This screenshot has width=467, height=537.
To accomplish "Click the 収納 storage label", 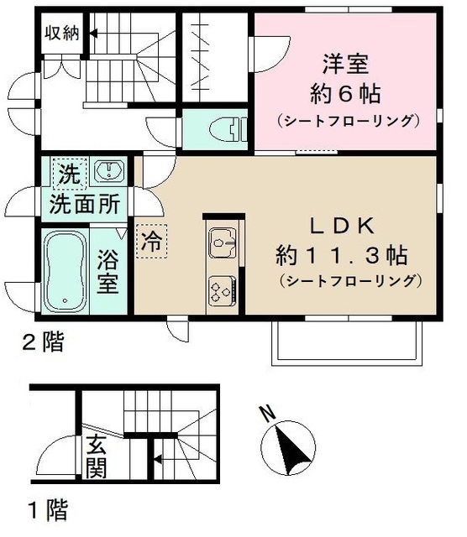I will click(62, 34).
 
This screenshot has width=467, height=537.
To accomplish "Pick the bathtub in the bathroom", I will click(64, 271).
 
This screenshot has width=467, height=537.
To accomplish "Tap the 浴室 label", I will click(108, 270).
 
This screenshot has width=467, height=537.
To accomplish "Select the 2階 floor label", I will click(43, 341).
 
